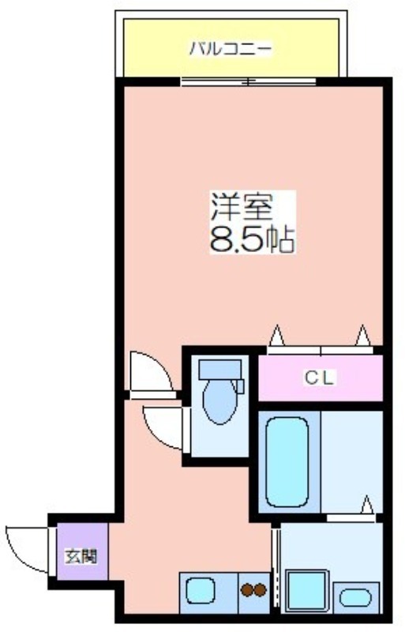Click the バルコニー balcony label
pyautogui.click(x=231, y=49)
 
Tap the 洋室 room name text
pyautogui.click(x=242, y=206)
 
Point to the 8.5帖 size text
pyautogui.click(x=253, y=239)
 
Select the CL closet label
pyautogui.click(x=320, y=378)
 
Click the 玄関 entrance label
pyautogui.click(x=81, y=557)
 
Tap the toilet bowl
pyautogui.click(x=219, y=401)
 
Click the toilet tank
pyautogui.click(x=220, y=369)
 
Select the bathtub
pyautogui.click(x=287, y=461)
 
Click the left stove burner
pyautogui.click(x=246, y=590)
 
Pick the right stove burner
pyautogui.click(x=261, y=590)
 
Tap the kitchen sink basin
pyautogui.click(x=201, y=590)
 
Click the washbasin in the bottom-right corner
pyautogui.click(x=355, y=598)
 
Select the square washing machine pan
pyautogui.click(x=307, y=590)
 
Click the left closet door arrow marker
pyautogui.click(x=276, y=335)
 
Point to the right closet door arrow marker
pyautogui.click(x=362, y=335)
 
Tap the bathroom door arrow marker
pyautogui.click(x=367, y=505)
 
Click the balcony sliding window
pyautogui.click(x=248, y=82)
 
